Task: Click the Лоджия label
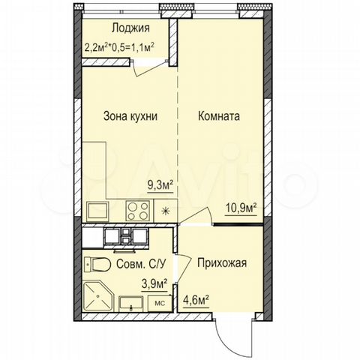click(130, 28)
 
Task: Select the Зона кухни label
click(130, 117)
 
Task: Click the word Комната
click(218, 117)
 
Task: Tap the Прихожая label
click(222, 264)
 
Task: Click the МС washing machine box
click(159, 302)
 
